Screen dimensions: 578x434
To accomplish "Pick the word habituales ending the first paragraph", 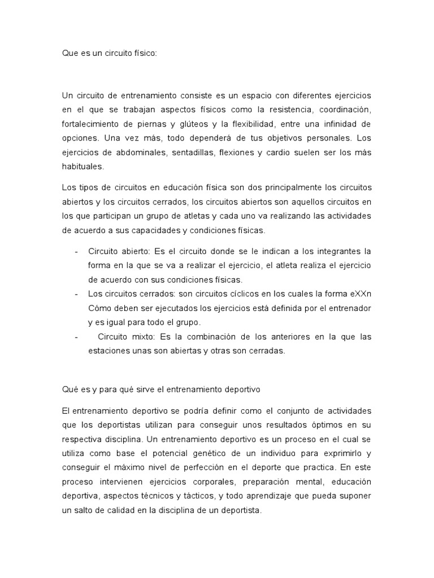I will (x=83, y=167).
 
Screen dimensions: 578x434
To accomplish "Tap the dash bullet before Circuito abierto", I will (x=76, y=251).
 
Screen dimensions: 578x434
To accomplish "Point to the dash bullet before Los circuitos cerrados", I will (x=76, y=294).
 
